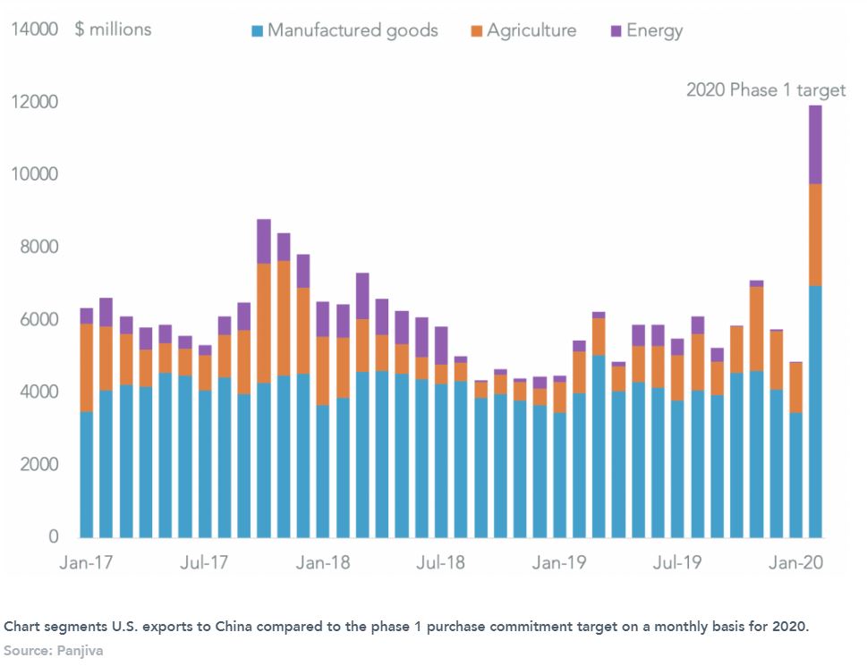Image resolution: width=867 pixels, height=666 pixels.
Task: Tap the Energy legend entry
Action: point(654,30)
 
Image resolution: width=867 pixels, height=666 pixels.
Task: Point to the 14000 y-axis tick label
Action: point(35,30)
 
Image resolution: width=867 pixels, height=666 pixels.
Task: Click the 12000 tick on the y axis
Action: point(35,102)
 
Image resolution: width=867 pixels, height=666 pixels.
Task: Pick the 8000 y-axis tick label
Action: point(39,247)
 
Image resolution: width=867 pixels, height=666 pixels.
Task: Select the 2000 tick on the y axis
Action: point(39,465)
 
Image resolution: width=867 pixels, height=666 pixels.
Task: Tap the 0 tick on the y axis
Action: point(54,537)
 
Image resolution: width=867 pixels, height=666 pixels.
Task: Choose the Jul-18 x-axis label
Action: point(440,563)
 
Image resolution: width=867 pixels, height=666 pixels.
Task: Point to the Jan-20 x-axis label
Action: point(795,563)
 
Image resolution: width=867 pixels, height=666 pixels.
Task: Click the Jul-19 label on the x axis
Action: point(676,563)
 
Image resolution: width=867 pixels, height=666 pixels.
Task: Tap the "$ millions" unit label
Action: point(114,30)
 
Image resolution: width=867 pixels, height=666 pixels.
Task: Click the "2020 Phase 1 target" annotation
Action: point(765,90)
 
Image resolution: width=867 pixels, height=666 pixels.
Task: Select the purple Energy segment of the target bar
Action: point(815,145)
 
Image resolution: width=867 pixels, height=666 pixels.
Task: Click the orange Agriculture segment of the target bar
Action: point(815,234)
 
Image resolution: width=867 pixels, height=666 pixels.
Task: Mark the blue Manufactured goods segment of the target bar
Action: point(815,411)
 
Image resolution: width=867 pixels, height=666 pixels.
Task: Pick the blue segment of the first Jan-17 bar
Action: point(87,474)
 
